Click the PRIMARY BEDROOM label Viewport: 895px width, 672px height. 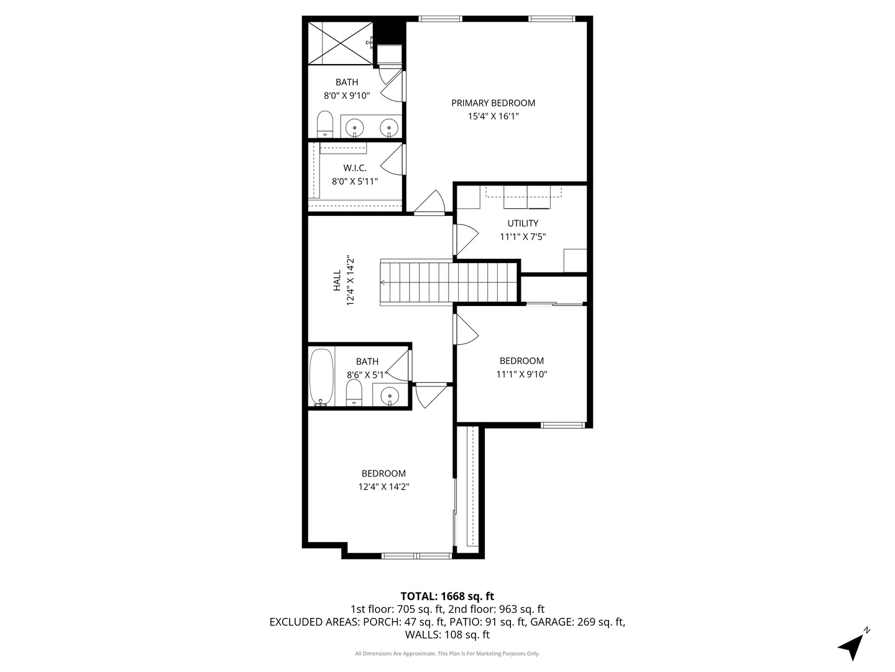[x=493, y=103]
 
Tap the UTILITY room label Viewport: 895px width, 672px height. [x=523, y=223]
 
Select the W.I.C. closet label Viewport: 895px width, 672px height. [x=354, y=168]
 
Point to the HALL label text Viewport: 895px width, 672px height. [x=337, y=281]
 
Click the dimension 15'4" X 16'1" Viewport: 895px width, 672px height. [x=493, y=116]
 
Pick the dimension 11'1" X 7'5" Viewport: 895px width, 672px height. [x=523, y=236]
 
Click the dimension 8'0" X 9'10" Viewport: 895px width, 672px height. [x=347, y=96]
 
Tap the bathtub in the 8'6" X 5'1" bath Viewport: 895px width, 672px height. [x=321, y=377]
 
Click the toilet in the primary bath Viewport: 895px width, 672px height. [x=325, y=124]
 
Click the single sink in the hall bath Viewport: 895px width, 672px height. [x=390, y=395]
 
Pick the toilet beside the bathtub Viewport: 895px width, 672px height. [x=354, y=393]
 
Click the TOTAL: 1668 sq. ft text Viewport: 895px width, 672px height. [x=447, y=596]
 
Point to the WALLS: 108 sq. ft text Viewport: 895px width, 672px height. [x=447, y=635]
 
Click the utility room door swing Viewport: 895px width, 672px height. [x=466, y=238]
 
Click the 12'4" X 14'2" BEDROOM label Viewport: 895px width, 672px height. [x=383, y=474]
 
